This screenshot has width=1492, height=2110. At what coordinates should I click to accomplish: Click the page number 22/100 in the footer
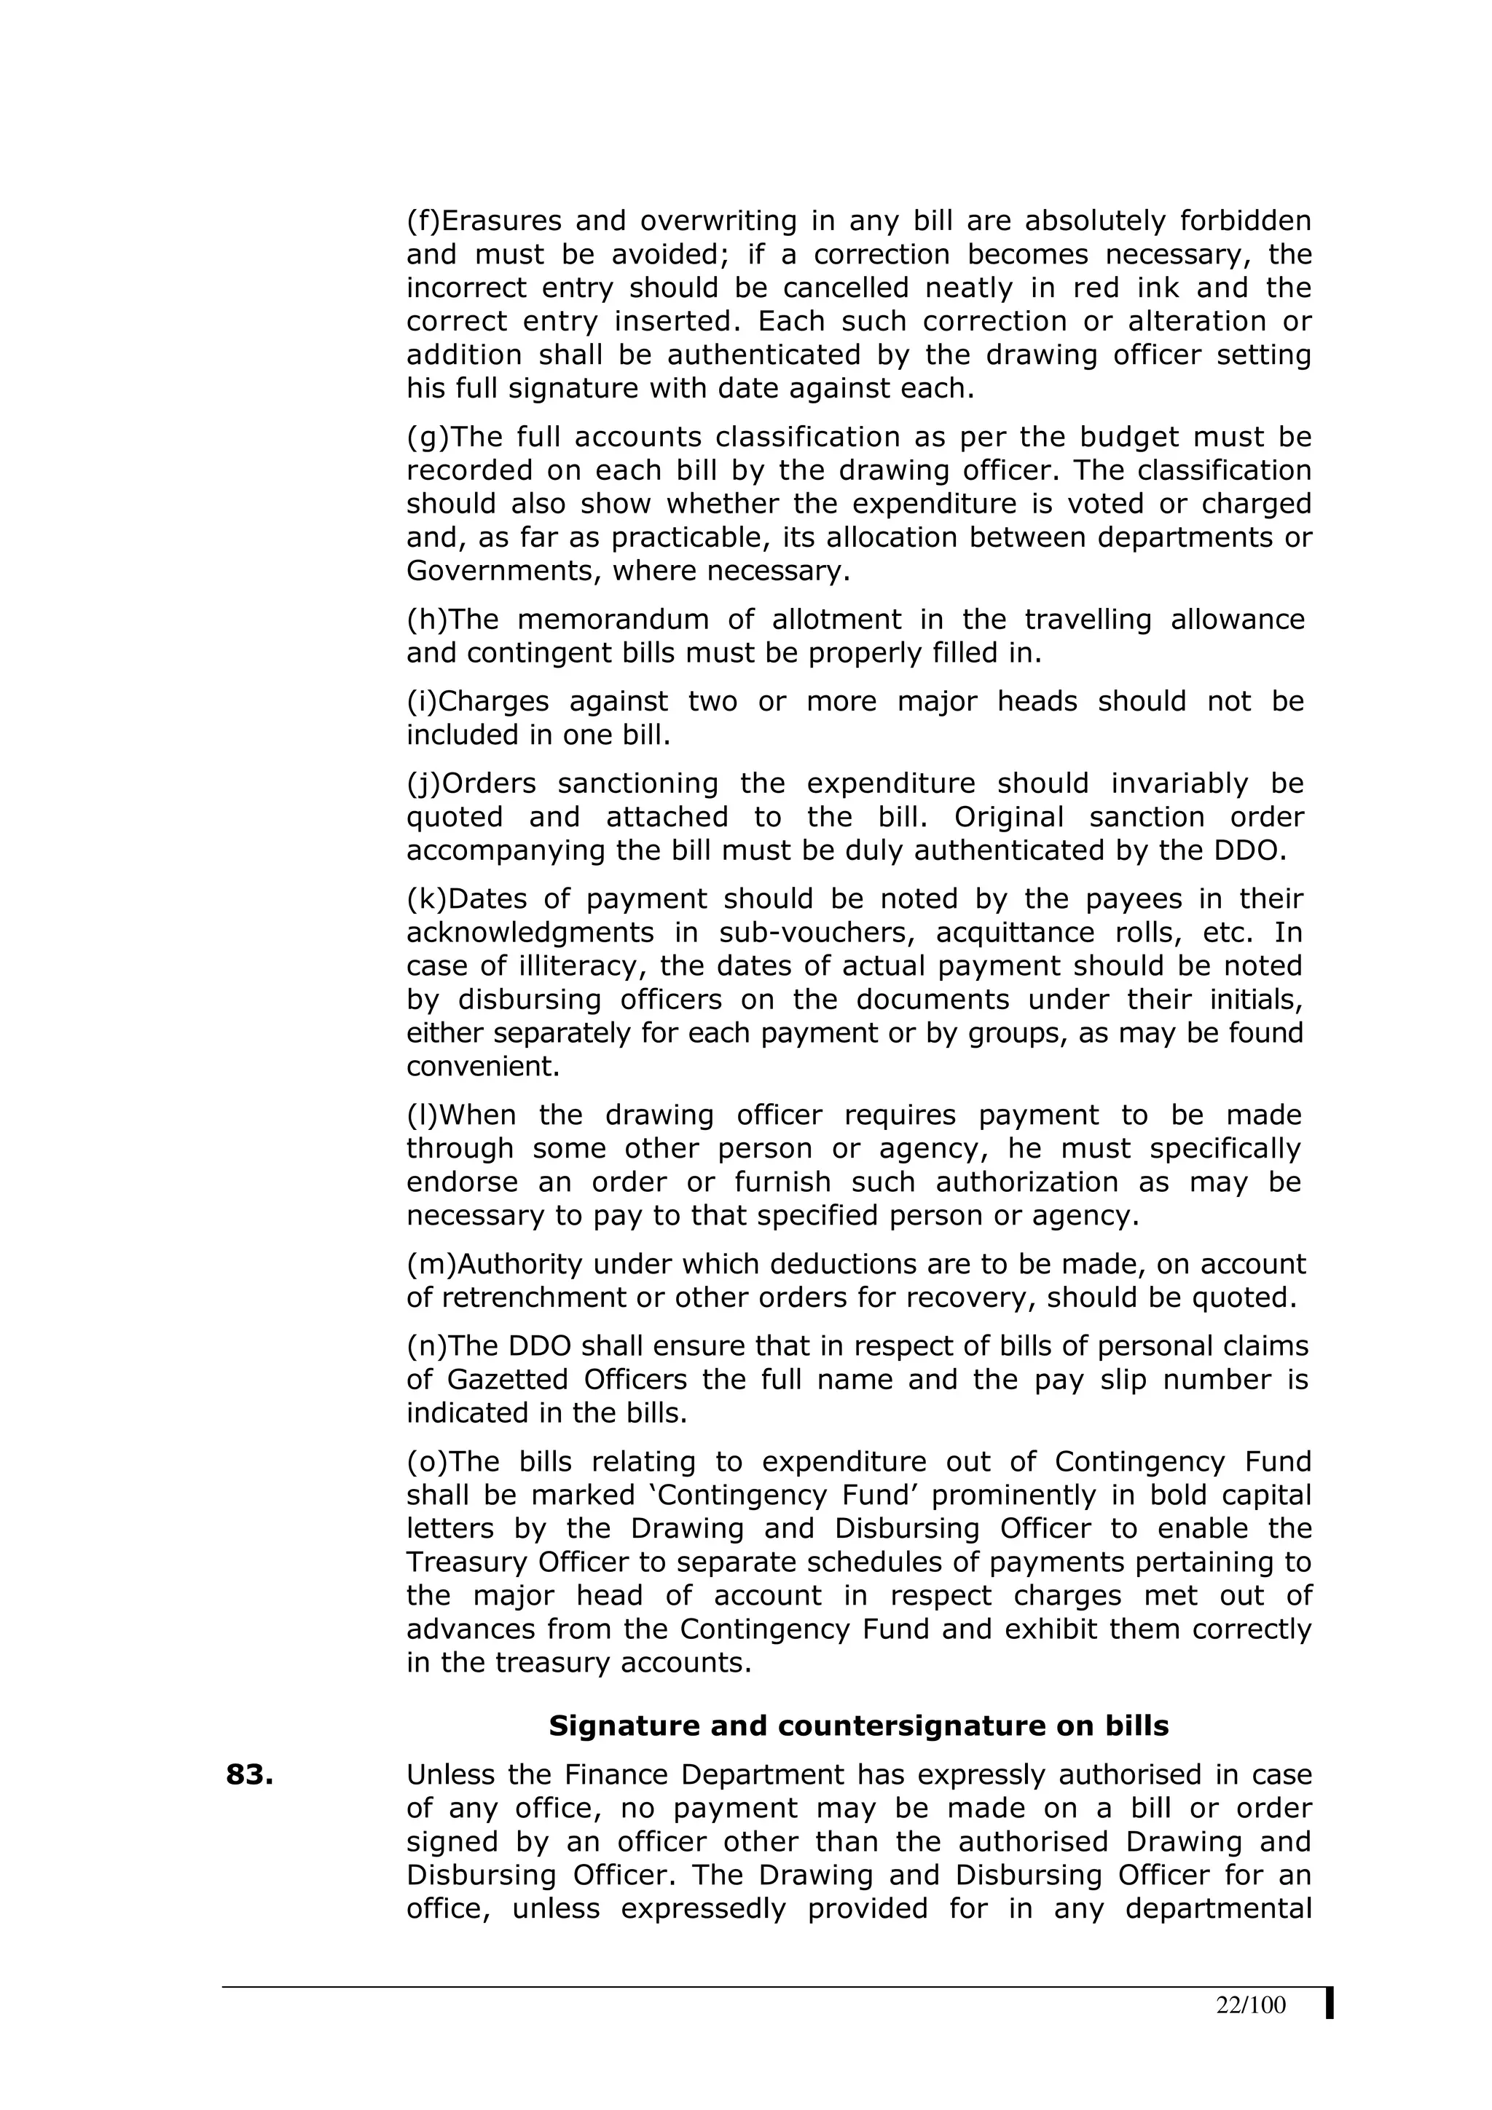(1250, 2005)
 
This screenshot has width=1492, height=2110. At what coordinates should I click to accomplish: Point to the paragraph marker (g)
(424, 438)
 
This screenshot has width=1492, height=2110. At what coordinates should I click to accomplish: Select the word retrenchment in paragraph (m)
(556, 1297)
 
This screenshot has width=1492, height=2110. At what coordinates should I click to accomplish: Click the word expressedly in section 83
(703, 1910)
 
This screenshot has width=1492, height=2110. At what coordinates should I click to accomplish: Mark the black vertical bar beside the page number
(1330, 2004)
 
